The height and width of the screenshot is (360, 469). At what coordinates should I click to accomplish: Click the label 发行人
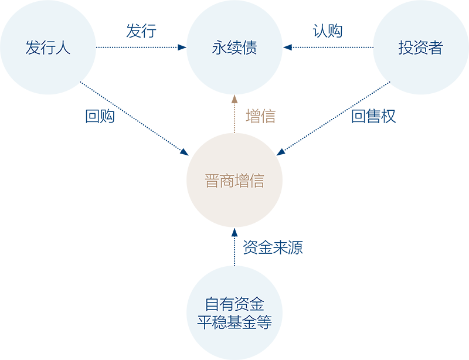pos(47,48)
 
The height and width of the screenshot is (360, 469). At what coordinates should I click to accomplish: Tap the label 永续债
pos(235,48)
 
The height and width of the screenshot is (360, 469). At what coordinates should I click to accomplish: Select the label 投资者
pos(420,48)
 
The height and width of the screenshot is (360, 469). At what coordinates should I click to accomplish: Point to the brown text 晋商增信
pos(235,181)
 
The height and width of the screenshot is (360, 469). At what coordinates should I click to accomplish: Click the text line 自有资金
pos(235,305)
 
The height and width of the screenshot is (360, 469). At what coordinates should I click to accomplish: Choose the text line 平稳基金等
pos(235,322)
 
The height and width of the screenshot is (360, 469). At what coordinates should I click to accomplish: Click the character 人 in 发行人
pos(63,48)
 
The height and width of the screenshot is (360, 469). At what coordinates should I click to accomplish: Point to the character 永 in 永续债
pos(219,48)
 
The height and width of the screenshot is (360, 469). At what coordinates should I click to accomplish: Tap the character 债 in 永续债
pos(250,48)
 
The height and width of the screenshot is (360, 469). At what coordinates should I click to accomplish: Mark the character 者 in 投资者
pos(436,48)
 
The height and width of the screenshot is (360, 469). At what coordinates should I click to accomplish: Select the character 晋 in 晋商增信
pos(212,181)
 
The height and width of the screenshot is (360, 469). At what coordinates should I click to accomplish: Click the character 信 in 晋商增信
pos(257,181)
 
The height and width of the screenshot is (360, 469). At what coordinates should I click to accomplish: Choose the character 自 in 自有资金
pos(212,305)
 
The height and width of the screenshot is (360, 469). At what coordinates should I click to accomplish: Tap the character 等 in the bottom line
pos(264,322)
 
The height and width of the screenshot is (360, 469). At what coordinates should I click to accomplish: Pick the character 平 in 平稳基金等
pos(205,322)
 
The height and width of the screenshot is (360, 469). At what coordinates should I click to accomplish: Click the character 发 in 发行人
pos(32,48)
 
